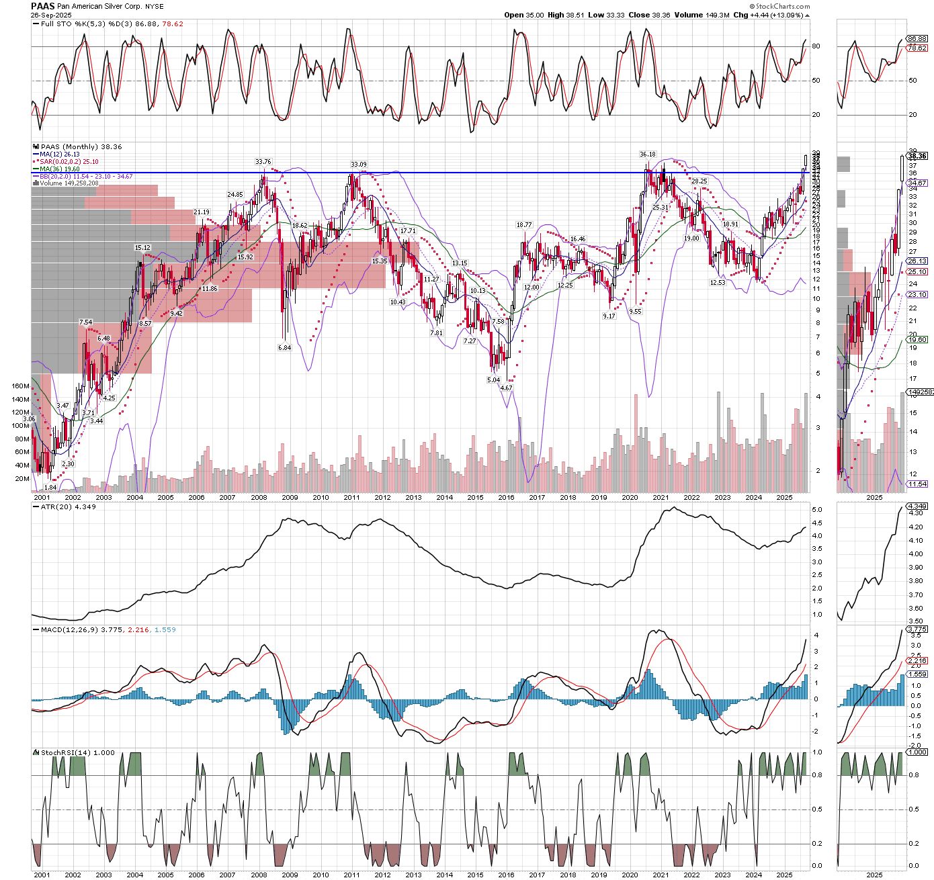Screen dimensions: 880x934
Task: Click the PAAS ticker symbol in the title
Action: tap(42, 5)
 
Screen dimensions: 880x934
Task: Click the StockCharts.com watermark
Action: tap(783, 7)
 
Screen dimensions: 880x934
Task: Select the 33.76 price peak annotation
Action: tap(263, 162)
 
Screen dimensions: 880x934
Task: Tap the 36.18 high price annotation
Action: tap(647, 155)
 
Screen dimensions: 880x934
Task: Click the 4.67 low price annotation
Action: tap(506, 388)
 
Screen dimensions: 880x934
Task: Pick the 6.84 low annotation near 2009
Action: tap(285, 348)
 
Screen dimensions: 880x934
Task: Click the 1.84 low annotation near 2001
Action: tap(50, 487)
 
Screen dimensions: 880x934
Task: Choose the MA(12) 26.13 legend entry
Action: tap(59, 155)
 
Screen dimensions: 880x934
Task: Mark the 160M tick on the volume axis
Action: tap(21, 386)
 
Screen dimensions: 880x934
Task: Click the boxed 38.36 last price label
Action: tap(917, 156)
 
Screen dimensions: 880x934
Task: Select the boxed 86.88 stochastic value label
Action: tap(917, 39)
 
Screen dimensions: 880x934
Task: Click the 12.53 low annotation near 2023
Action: tap(718, 283)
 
